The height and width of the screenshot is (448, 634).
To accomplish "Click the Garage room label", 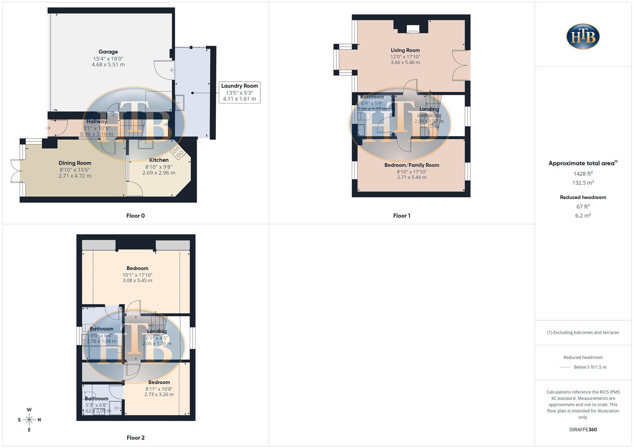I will [x=108, y=52].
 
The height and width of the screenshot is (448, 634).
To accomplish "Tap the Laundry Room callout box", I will [x=240, y=92].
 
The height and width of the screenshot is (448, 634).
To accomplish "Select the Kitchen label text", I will [x=159, y=160].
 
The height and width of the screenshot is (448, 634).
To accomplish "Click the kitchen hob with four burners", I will [x=178, y=152].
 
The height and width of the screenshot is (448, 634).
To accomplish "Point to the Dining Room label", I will [x=75, y=163].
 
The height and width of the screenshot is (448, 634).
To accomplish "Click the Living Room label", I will [x=405, y=50].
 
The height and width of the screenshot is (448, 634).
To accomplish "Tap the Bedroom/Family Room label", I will [x=411, y=165].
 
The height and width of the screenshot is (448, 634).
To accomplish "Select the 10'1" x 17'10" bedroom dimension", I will [x=137, y=275].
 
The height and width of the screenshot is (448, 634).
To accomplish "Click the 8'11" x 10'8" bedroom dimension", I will [x=159, y=389].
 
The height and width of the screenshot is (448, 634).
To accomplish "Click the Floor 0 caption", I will [x=135, y=216].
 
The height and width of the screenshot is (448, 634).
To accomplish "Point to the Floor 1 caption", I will [x=401, y=216].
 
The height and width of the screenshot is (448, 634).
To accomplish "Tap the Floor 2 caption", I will [x=135, y=438].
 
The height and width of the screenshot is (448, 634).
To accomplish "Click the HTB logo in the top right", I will [x=583, y=37].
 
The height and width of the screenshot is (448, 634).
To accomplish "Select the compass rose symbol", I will [x=29, y=420].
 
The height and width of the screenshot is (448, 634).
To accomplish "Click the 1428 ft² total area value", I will [x=583, y=174].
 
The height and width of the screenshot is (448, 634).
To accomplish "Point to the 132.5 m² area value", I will [x=583, y=183].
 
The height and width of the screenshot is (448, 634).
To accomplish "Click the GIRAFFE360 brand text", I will [x=583, y=429].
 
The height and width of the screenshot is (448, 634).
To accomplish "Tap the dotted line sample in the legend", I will [x=565, y=367].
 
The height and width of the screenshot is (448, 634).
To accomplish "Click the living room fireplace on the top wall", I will [x=412, y=29].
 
